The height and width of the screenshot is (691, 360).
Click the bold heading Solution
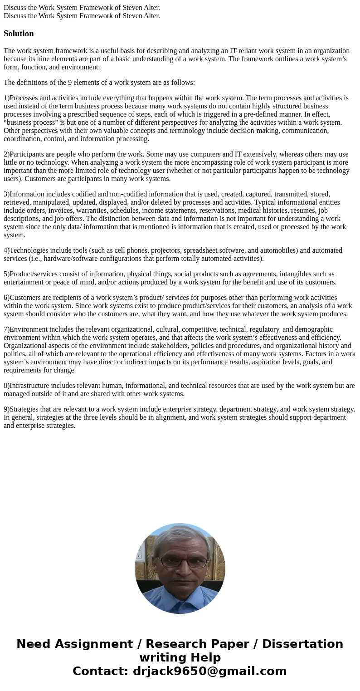(x=19, y=34)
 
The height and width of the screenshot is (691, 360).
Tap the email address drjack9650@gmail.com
(x=209, y=671)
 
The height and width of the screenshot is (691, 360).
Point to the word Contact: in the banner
(x=101, y=671)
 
